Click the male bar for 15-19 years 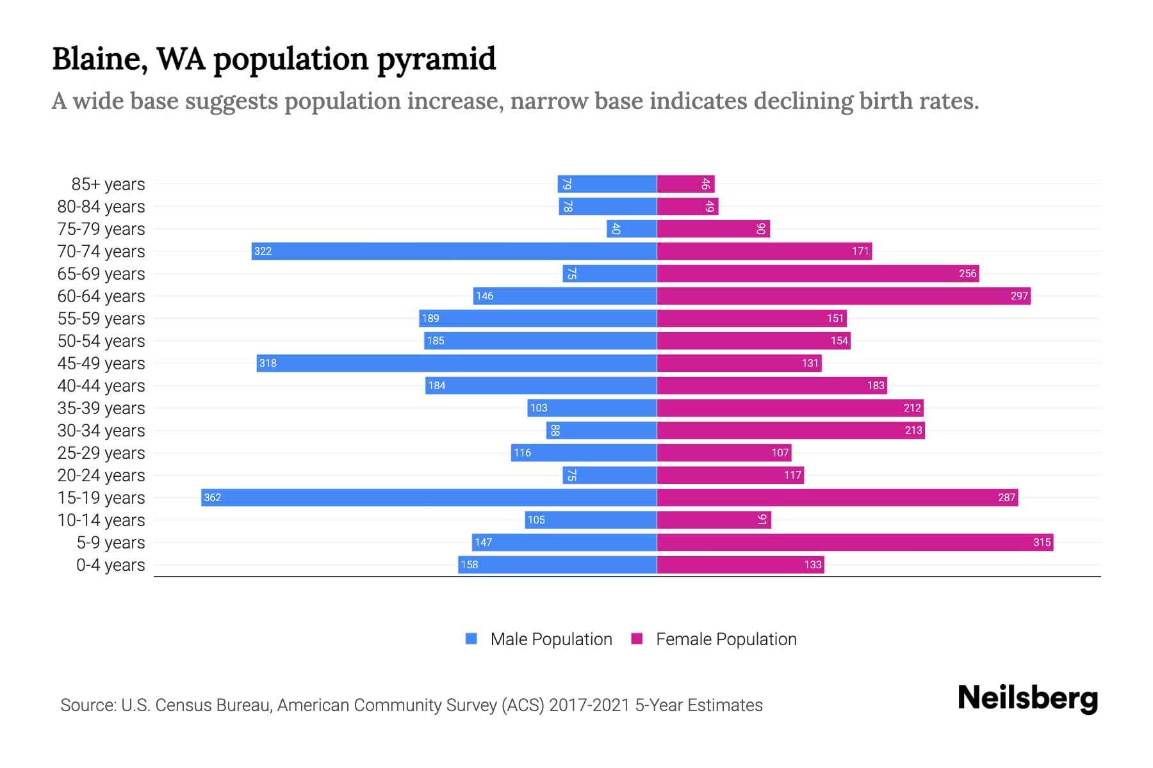[x=429, y=497]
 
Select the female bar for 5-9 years [x=855, y=542]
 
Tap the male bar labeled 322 [x=454, y=251]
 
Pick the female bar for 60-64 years [x=844, y=296]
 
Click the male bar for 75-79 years [x=632, y=228]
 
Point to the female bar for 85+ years [x=685, y=184]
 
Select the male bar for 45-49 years [x=457, y=363]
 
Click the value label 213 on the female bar [x=913, y=430]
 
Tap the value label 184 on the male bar [x=437, y=385]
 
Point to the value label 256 [x=967, y=273]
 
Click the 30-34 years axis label [x=101, y=430]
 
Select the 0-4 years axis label [x=110, y=564]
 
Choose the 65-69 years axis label [x=101, y=273]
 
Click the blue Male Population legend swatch [x=471, y=639]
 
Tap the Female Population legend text [x=726, y=639]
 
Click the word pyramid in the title [x=436, y=59]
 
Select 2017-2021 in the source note [x=589, y=705]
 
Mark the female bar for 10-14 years [x=714, y=520]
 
